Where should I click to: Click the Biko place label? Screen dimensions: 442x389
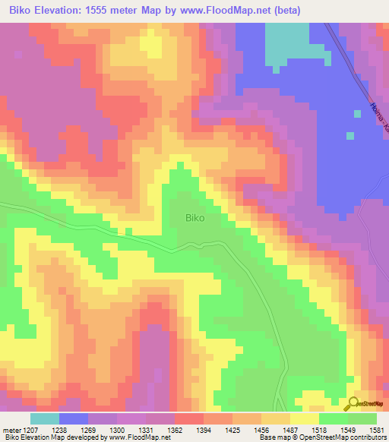(195, 217)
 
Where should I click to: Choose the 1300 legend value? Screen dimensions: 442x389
(117, 429)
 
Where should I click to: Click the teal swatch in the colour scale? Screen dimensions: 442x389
(45, 418)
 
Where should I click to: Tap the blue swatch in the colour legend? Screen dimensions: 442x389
(74, 418)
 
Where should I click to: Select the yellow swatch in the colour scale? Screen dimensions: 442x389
(305, 418)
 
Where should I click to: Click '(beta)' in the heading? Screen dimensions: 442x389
(288, 11)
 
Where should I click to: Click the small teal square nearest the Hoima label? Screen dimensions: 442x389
(350, 136)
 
